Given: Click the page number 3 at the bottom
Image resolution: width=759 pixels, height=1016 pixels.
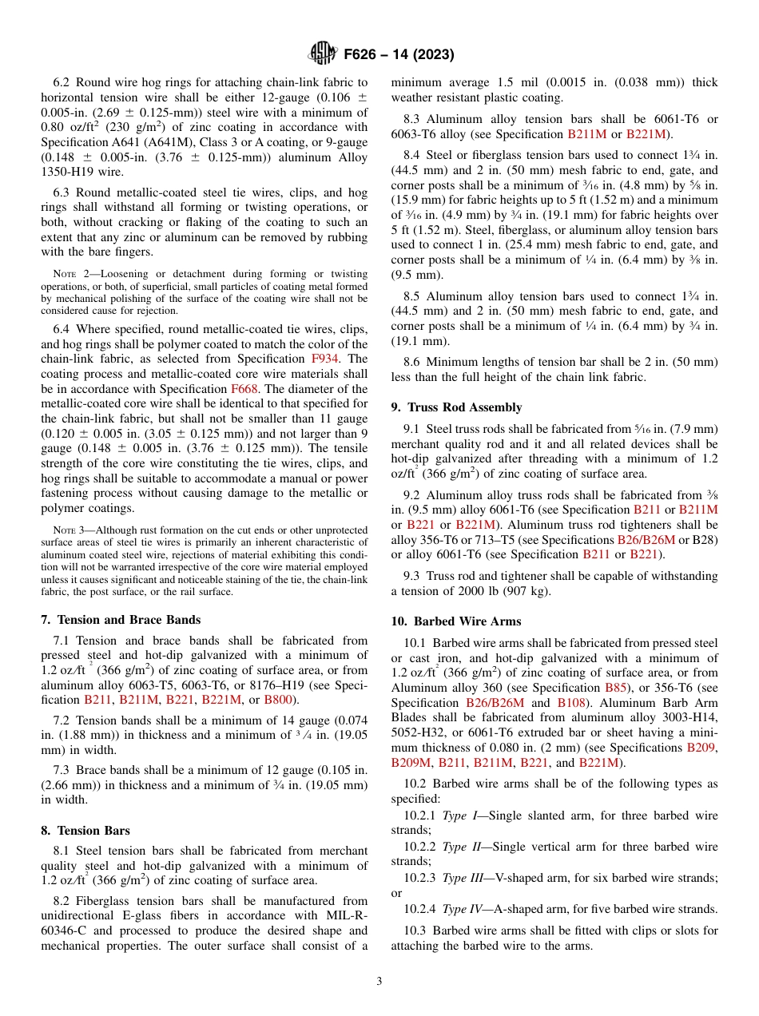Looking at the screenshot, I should (379, 981).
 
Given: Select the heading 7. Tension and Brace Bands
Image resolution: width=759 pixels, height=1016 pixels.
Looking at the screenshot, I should (120, 620).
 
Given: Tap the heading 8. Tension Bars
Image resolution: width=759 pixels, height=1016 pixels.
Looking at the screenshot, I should (85, 831).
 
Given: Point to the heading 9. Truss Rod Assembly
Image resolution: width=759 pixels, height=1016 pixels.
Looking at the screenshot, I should (456, 407).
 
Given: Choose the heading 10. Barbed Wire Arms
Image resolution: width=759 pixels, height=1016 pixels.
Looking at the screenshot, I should (455, 621).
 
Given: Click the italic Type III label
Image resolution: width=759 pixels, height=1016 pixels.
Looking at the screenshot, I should (462, 878).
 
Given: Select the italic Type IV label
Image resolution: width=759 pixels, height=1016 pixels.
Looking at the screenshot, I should (461, 909).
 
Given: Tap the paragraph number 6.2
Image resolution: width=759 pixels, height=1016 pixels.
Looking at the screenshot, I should (62, 81).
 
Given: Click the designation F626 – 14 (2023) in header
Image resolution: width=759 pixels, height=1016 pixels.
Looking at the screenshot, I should (399, 55).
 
